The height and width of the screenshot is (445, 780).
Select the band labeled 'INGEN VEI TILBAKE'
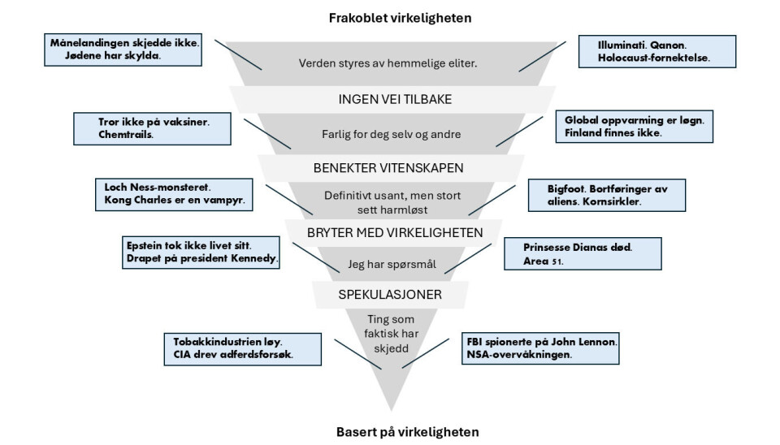click(390, 99)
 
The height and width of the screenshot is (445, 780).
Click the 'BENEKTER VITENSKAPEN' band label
click(390, 169)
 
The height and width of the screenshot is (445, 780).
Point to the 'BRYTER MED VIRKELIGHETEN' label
click(389, 232)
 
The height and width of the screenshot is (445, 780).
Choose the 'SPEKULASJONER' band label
click(390, 294)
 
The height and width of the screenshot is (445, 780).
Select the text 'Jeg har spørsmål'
click(389, 264)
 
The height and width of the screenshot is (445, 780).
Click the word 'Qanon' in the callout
click(658, 45)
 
